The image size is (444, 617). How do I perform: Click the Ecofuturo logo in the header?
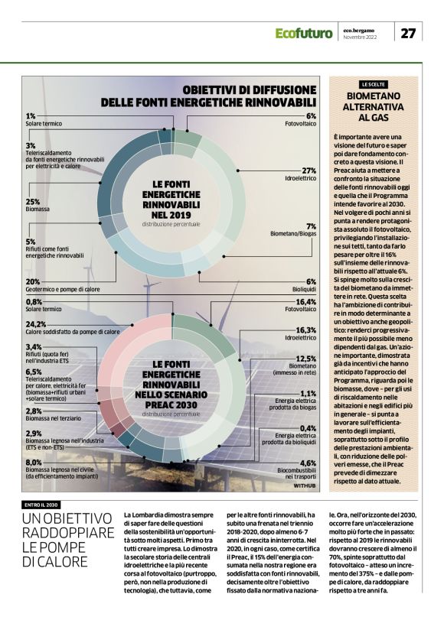(305, 33)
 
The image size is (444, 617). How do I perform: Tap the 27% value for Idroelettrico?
(309, 170)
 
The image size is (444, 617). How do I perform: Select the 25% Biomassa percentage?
(33, 202)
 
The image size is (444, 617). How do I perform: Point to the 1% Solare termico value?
(31, 115)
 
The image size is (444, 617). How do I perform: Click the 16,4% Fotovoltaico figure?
(305, 302)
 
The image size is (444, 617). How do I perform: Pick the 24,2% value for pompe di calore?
(37, 324)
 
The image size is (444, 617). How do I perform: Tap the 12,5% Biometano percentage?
(305, 359)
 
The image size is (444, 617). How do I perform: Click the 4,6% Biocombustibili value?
(308, 463)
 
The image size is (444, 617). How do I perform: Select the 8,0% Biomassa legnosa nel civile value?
(34, 463)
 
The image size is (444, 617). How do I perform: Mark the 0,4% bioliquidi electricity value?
(308, 428)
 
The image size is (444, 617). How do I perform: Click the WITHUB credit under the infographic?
(305, 485)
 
